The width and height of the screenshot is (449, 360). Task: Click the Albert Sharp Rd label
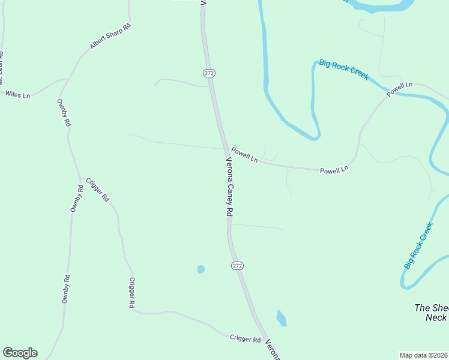[x=110, y=37]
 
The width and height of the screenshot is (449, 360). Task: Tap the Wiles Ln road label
[x=17, y=94]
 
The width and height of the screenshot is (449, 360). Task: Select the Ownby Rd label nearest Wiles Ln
[x=64, y=112]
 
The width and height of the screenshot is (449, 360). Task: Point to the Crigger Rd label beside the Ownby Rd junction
[x=97, y=190]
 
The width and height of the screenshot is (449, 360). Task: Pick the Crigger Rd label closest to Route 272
[x=245, y=339]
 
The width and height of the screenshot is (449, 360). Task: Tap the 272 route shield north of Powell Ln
[x=209, y=73]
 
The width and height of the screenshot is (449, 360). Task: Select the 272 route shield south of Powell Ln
[x=237, y=265]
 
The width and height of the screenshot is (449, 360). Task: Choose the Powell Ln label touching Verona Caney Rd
[x=245, y=155]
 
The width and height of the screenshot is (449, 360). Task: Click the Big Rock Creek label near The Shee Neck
[x=418, y=245]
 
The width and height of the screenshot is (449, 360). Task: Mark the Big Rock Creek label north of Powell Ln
[x=344, y=74]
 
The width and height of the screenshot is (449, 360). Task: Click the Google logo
[x=20, y=353]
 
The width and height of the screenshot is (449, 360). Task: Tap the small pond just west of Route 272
[x=200, y=269]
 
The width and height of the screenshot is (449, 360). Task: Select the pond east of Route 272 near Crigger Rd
[x=281, y=318]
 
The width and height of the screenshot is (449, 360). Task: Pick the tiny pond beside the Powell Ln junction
[x=235, y=146]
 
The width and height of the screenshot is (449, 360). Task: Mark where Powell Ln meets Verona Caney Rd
[x=225, y=148]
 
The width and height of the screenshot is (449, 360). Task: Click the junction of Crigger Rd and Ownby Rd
[x=81, y=179]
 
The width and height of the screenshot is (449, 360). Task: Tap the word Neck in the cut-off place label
[x=436, y=317]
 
